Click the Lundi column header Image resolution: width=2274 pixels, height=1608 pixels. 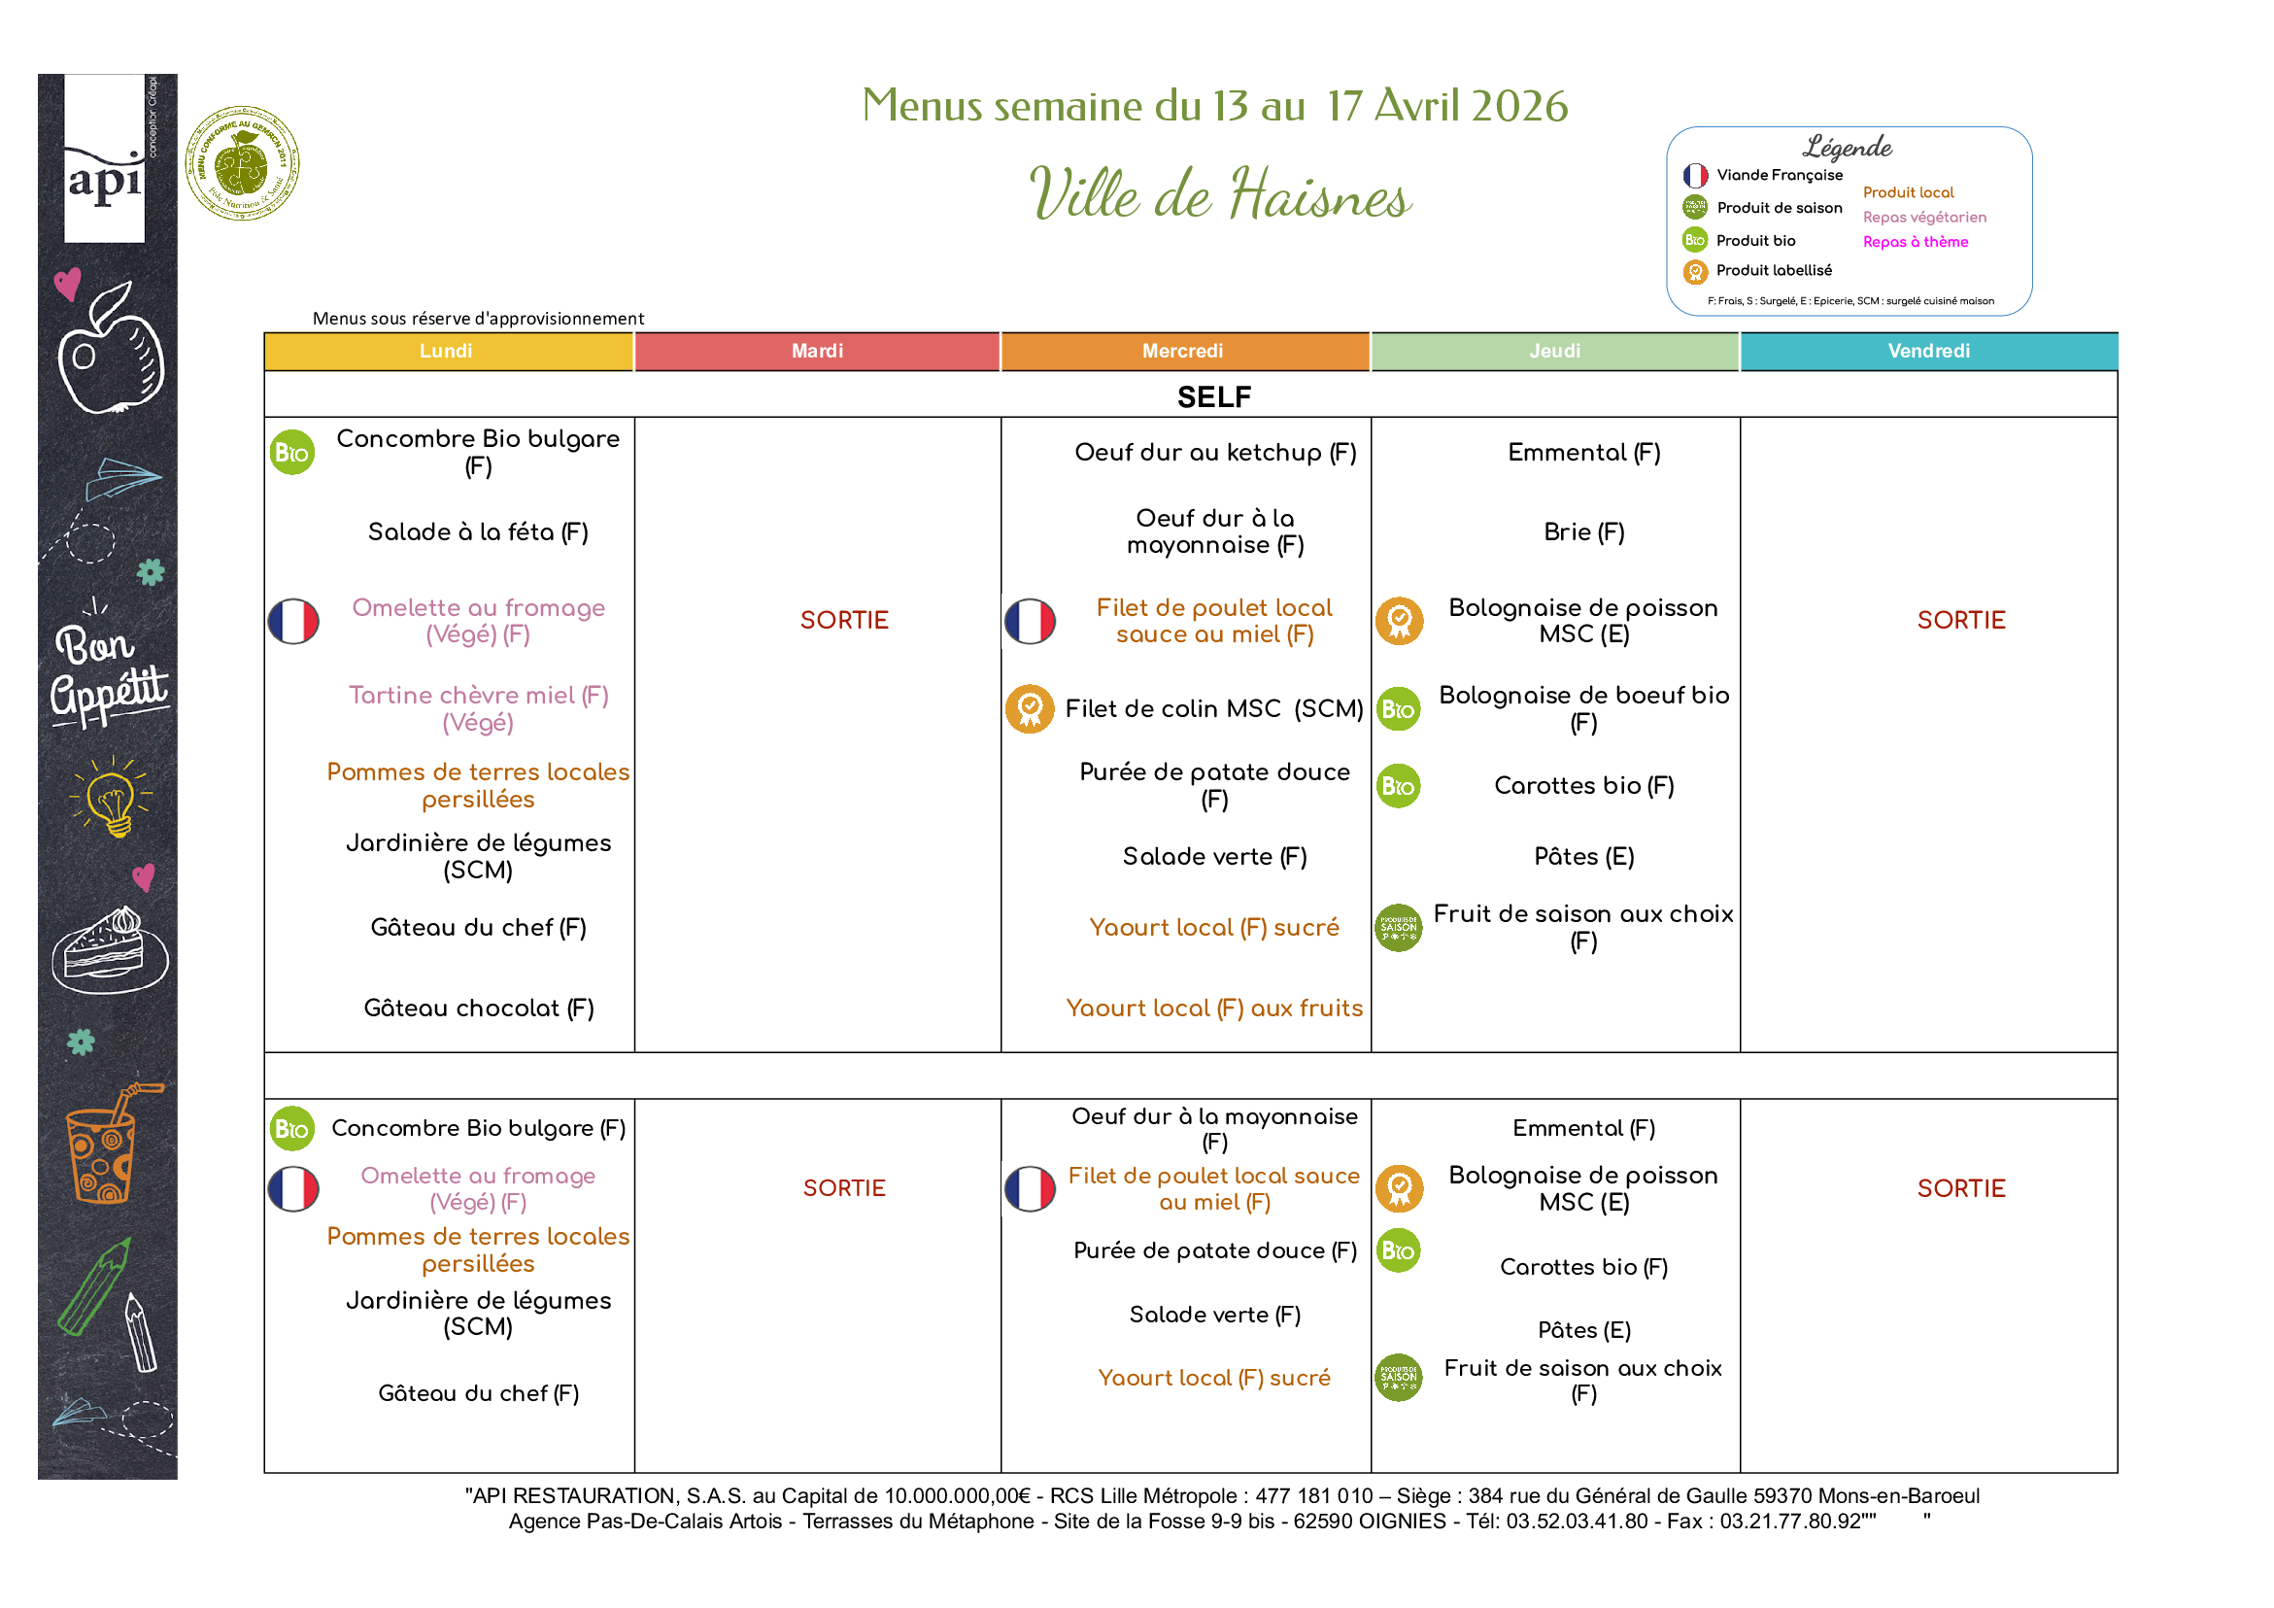pos(447,352)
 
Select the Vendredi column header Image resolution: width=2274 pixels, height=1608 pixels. pos(1927,352)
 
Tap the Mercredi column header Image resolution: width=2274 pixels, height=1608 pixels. pos(1182,352)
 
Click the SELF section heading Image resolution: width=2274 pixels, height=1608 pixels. pos(1213,397)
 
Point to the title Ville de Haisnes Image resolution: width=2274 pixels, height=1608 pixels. pos(1219,194)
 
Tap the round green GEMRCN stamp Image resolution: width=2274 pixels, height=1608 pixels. pos(243,163)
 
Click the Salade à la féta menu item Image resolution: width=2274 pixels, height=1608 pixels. pos(478,532)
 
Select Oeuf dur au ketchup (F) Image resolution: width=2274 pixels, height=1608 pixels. pos(1215,453)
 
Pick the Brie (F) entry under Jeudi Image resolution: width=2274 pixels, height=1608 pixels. pos(1583,532)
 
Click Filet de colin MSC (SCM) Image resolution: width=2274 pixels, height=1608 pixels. pos(1213,708)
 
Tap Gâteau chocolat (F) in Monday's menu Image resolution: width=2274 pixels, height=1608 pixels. pos(478,1008)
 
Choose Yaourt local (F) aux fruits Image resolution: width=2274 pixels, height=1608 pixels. pos(1213,1008)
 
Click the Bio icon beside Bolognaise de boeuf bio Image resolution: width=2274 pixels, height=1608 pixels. pos(1399,709)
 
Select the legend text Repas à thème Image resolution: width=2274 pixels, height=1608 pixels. pos(1915,242)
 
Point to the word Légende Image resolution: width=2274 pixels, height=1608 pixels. pos(1848,148)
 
